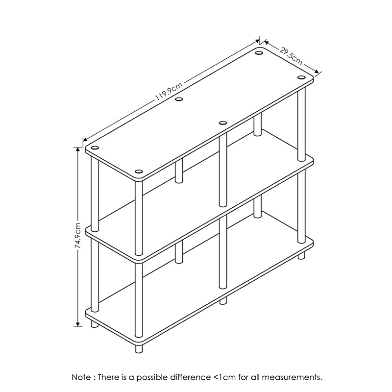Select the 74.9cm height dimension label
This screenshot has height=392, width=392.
tap(78, 236)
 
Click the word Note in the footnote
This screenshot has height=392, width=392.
tap(81, 377)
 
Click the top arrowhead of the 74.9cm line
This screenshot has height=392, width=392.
tap(77, 149)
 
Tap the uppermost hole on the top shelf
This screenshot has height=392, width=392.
tap(259, 53)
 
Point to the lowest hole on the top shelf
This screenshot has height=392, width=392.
tap(139, 171)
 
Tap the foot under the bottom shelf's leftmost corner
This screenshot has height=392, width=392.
tap(95, 324)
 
